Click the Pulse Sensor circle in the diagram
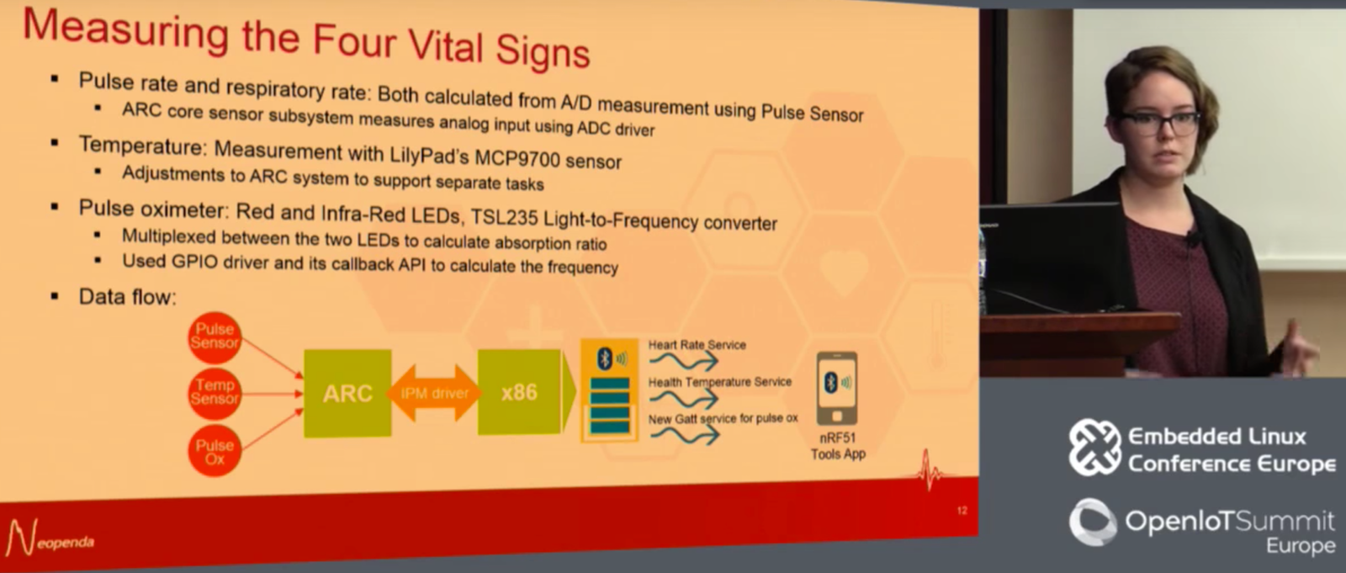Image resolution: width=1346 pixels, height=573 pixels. click(215, 337)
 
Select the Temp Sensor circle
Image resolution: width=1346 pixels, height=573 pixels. click(215, 393)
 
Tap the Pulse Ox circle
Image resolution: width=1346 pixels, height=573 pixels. click(215, 451)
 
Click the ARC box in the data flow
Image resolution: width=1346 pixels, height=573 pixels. click(347, 393)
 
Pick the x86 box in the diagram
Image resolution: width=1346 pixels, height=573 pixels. click(519, 392)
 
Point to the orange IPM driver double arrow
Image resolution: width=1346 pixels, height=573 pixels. click(434, 393)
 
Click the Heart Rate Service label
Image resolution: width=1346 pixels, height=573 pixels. click(697, 345)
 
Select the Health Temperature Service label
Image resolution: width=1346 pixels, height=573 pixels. click(720, 382)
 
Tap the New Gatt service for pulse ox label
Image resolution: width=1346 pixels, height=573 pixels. click(723, 418)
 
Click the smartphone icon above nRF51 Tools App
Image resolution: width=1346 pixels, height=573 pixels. click(837, 389)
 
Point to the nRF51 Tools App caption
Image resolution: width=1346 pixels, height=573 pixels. click(838, 446)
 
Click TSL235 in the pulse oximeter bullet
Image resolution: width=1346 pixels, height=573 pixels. click(504, 216)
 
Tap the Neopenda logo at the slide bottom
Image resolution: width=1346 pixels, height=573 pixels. click(50, 538)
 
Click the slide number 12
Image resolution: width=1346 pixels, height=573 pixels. click(962, 511)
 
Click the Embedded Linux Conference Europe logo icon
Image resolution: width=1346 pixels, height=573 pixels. click(1094, 448)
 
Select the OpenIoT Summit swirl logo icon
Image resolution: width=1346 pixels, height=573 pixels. click(1093, 522)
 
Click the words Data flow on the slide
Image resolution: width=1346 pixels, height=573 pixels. click(127, 297)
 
